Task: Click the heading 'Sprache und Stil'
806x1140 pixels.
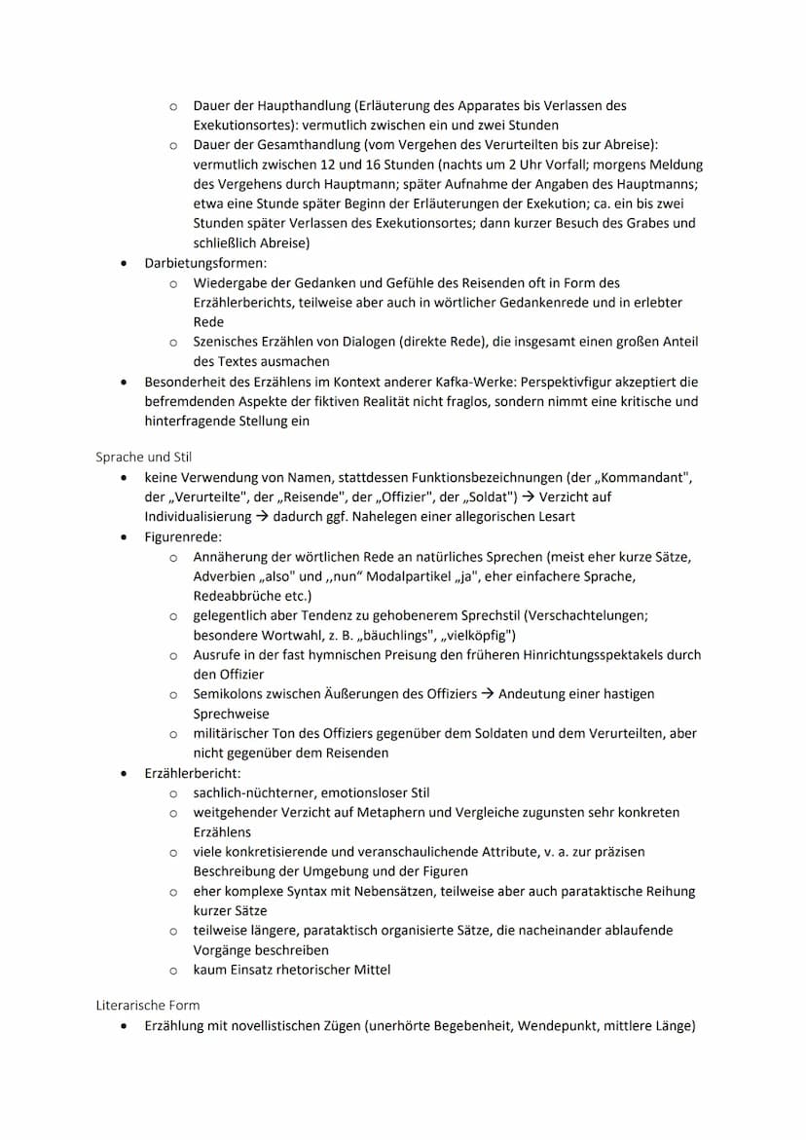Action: [144, 456]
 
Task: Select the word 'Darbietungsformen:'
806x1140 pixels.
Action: [204, 263]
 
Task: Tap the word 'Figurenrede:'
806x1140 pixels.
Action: [182, 536]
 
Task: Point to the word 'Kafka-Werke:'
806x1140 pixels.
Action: [490, 382]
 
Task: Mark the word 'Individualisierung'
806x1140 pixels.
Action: [201, 516]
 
